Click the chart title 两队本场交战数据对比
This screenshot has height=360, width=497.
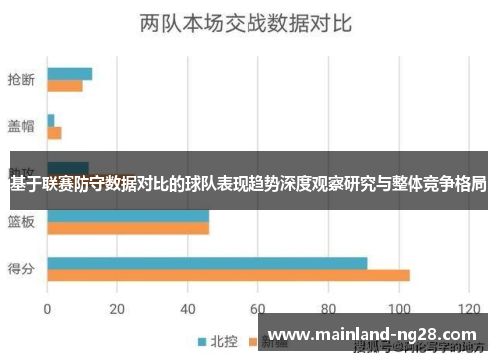click(x=248, y=22)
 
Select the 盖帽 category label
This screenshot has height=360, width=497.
click(x=22, y=127)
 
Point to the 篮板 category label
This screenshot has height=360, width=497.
click(x=22, y=220)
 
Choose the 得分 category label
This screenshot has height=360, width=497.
click(x=22, y=268)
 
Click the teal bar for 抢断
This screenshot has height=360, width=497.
click(x=70, y=73)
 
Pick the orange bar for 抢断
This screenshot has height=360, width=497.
click(x=65, y=86)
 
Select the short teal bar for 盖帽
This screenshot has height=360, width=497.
click(x=51, y=120)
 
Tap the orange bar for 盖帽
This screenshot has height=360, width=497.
click(x=54, y=133)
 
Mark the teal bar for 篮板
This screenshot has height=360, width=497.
click(x=127, y=214)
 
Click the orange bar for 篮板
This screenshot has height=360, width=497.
click(x=127, y=228)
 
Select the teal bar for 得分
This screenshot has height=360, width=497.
click(x=207, y=263)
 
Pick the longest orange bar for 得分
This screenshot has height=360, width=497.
click(x=228, y=275)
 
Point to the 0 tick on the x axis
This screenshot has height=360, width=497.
click(x=47, y=307)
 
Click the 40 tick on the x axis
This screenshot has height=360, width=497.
click(x=188, y=307)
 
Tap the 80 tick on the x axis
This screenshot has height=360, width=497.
click(x=329, y=307)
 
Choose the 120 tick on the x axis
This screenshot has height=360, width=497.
click(x=467, y=307)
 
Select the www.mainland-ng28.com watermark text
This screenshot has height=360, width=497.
click(x=373, y=334)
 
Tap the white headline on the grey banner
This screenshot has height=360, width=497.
click(x=248, y=184)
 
